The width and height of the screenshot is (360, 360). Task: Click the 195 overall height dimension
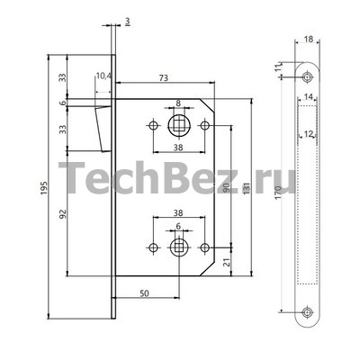point(44,187)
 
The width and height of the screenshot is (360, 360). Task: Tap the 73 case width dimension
point(164,78)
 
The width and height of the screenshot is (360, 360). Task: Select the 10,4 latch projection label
point(103,76)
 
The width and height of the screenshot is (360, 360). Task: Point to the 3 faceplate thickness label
point(128,22)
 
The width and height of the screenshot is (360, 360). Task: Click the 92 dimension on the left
point(63,213)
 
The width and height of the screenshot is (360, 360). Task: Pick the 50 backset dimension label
point(144,293)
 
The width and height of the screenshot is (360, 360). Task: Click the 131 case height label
point(247,188)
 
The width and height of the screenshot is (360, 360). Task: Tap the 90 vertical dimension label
point(227,188)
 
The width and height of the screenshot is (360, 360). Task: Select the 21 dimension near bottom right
point(227,262)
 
